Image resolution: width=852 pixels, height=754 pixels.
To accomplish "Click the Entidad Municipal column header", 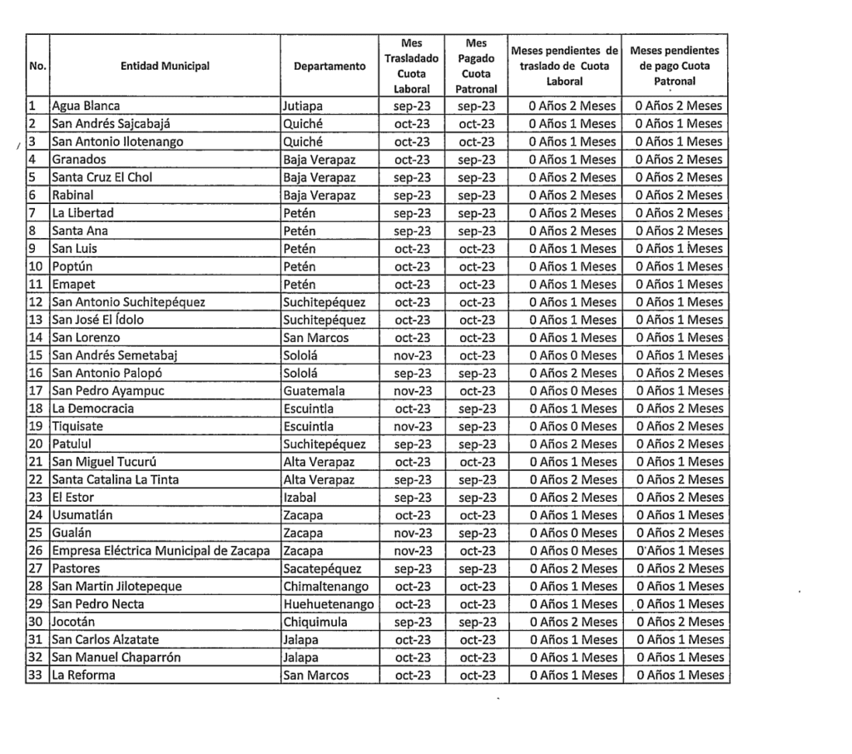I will [165, 66].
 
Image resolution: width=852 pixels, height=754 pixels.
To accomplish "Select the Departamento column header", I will [329, 66].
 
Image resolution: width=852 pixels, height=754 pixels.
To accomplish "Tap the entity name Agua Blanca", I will [86, 106].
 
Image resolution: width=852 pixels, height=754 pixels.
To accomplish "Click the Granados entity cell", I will [79, 159].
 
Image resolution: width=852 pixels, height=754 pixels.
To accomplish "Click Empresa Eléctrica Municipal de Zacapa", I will [165, 551].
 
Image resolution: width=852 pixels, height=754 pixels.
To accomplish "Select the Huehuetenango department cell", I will [329, 604].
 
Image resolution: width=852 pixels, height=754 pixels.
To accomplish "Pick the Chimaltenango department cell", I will [325, 587].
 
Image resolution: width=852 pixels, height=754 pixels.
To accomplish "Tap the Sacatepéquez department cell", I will [323, 568].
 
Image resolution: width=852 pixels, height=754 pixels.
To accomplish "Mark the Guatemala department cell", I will [314, 390].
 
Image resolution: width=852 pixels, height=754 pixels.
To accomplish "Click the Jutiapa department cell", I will [304, 106].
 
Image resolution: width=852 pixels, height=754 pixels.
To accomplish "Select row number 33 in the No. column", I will [37, 676].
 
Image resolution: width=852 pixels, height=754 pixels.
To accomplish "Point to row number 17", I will [37, 390].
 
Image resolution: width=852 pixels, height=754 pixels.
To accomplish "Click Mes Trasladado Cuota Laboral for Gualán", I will [413, 533].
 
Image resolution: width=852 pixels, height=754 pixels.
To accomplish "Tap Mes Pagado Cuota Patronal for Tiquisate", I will [477, 426].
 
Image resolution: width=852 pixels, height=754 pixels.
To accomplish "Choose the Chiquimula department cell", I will [317, 622].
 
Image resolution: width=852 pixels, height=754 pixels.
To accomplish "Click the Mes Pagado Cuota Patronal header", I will [477, 66].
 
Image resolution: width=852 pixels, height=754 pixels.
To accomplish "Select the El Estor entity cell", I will [73, 498].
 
